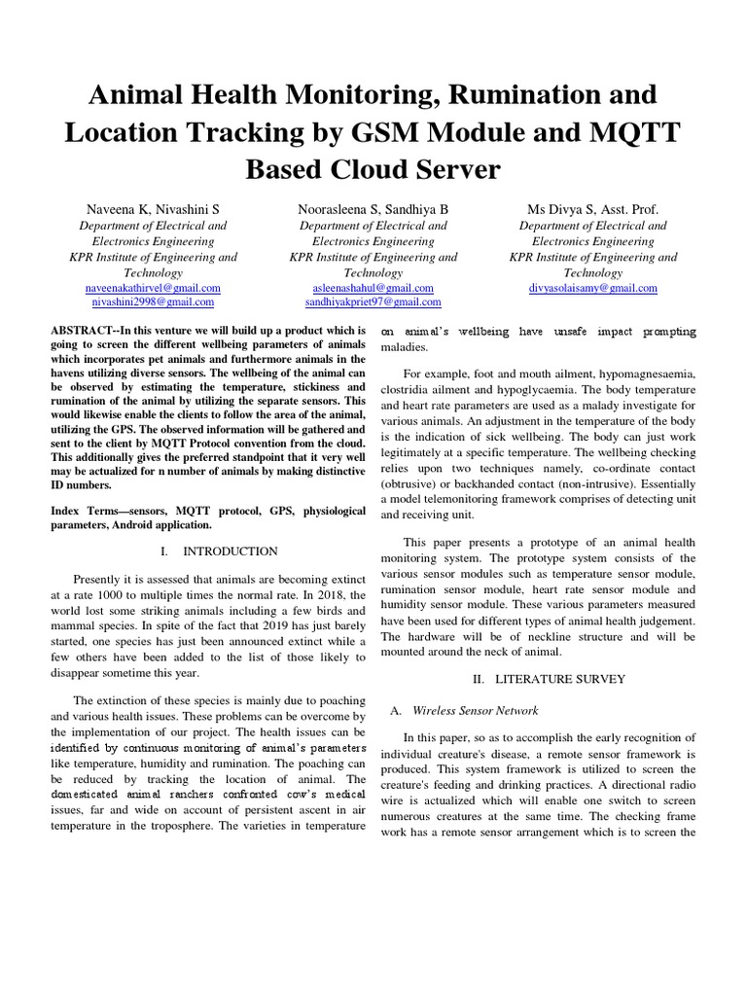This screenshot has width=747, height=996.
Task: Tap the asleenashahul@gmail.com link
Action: [x=373, y=288]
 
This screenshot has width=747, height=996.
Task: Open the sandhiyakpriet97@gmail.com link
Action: [x=373, y=303]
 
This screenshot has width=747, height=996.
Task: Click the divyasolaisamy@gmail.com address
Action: [x=593, y=288]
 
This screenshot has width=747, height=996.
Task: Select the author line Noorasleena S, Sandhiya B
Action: [x=373, y=209]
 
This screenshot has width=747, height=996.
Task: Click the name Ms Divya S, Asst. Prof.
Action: [x=592, y=209]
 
